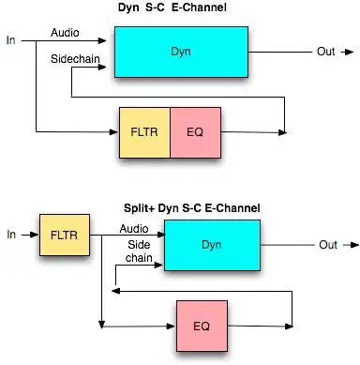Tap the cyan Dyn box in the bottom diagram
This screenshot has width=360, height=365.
[211, 246]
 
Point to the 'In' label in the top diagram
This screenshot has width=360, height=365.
[11, 41]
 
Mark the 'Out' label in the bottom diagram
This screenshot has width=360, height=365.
[328, 246]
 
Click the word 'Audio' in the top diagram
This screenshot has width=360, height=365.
[65, 34]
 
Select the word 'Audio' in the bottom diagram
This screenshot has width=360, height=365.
[133, 227]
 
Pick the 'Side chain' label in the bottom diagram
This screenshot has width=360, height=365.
[139, 250]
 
